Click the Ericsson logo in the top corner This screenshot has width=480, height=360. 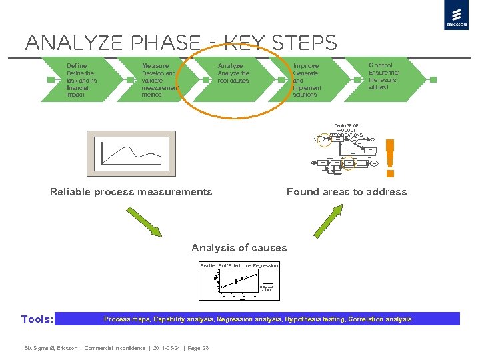pyautogui.click(x=456, y=16)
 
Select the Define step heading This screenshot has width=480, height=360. pyautogui.click(x=77, y=66)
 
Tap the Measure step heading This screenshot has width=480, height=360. pyautogui.click(x=155, y=66)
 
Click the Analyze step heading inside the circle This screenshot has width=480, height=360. pyautogui.click(x=231, y=66)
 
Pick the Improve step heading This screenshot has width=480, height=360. pyautogui.click(x=306, y=66)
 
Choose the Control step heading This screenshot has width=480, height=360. pyautogui.click(x=381, y=65)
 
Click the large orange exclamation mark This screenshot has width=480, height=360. pyautogui.click(x=391, y=157)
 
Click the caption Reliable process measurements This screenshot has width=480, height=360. pyautogui.click(x=131, y=192)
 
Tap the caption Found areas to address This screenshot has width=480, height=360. pyautogui.click(x=347, y=192)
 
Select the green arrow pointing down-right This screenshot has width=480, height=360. pyautogui.click(x=144, y=220)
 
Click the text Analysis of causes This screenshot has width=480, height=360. pyautogui.click(x=239, y=248)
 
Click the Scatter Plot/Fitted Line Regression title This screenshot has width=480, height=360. pyautogui.click(x=239, y=265)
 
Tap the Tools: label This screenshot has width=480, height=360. pyautogui.click(x=37, y=319)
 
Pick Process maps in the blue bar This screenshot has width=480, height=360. pyautogui.click(x=122, y=319)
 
